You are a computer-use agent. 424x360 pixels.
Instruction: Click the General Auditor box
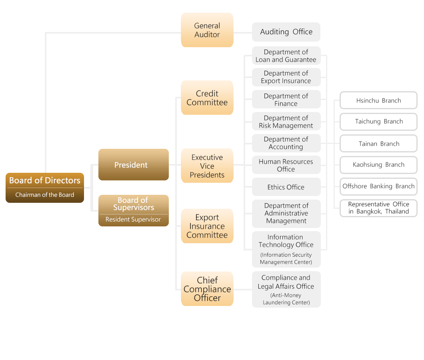[207, 30]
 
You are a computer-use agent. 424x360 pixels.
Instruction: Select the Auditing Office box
[286, 32]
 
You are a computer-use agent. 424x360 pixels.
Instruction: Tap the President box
[133, 165]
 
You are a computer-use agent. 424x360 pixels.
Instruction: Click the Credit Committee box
[207, 98]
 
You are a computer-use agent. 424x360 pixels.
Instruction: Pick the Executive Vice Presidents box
[207, 166]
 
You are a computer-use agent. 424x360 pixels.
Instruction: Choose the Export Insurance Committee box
[207, 226]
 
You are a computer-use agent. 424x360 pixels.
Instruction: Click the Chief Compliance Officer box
[207, 289]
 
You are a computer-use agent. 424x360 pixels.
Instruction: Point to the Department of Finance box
[286, 100]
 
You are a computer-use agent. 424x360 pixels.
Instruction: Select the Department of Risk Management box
[286, 122]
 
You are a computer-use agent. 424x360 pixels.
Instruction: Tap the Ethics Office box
[286, 187]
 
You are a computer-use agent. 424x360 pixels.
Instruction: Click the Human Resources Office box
[286, 165]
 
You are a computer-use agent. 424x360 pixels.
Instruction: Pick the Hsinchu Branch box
[378, 100]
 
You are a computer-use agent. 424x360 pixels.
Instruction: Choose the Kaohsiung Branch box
[378, 165]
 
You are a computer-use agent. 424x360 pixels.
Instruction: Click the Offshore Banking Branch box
[378, 186]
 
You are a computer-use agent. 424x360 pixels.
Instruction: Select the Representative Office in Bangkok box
[378, 208]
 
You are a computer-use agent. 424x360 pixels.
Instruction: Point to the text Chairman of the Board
[45, 195]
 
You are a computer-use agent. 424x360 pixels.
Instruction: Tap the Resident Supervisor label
[133, 220]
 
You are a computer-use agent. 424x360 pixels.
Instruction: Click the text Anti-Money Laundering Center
[286, 299]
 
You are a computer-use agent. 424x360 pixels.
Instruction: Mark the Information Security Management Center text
[286, 258]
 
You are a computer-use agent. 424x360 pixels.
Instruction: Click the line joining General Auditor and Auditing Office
[242, 32]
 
